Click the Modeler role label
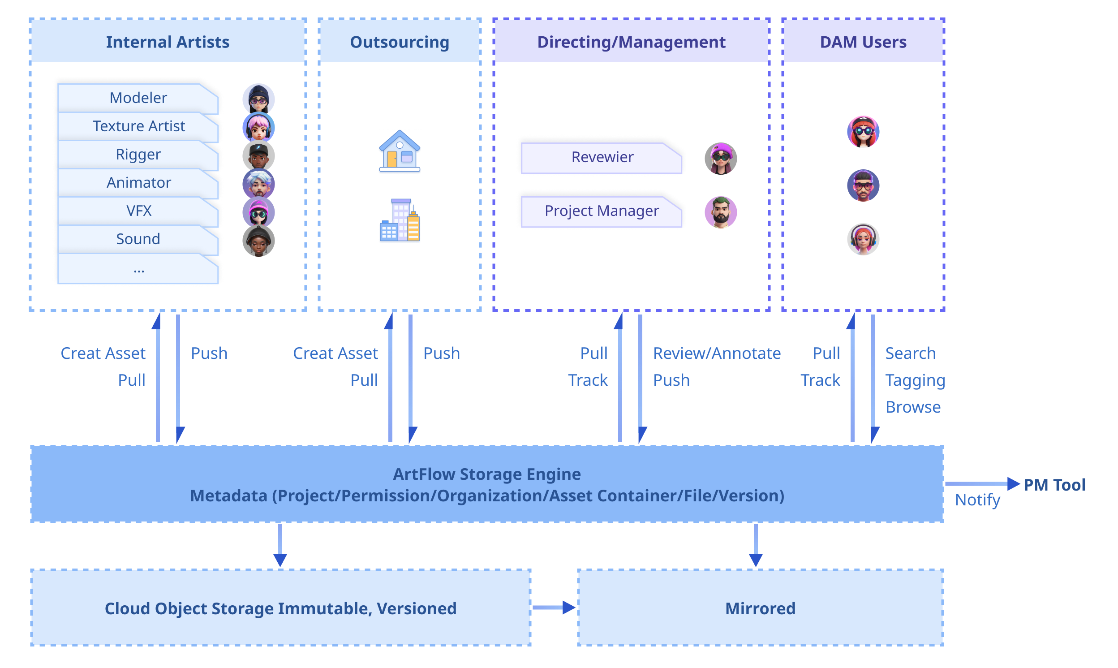[138, 98]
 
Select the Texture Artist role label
[138, 126]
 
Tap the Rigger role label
[138, 155]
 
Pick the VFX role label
[138, 211]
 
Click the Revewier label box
[602, 157]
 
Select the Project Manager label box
[602, 211]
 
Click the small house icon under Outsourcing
[400, 152]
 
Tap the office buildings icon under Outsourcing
[400, 221]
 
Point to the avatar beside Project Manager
[721, 212]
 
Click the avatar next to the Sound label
[259, 241]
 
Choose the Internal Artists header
[168, 42]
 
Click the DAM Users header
[863, 42]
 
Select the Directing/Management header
[631, 42]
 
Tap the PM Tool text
[1054, 485]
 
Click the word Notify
[978, 500]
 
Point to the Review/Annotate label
[717, 353]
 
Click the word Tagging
[915, 380]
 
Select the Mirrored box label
[760, 608]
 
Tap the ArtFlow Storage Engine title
[487, 474]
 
